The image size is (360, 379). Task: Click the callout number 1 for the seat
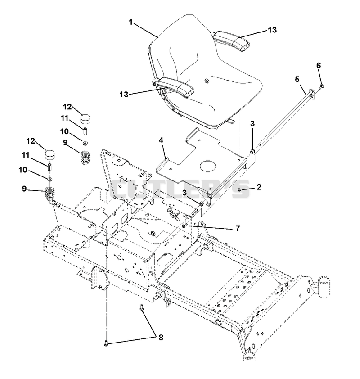pyautogui.click(x=130, y=22)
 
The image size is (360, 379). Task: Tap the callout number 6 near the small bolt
pyautogui.click(x=319, y=65)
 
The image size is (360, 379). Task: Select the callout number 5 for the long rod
pyautogui.click(x=297, y=79)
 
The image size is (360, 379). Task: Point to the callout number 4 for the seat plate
pyautogui.click(x=161, y=140)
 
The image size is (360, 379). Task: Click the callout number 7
pyautogui.click(x=238, y=228)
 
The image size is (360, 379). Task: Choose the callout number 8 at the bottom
pyautogui.click(x=161, y=338)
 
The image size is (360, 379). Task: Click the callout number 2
pyautogui.click(x=259, y=187)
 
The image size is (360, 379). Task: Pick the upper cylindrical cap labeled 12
pyautogui.click(x=86, y=119)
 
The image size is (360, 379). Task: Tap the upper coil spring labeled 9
pyautogui.click(x=85, y=157)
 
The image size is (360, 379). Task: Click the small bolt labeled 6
pyautogui.click(x=322, y=86)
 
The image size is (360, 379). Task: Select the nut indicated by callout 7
pyautogui.click(x=184, y=226)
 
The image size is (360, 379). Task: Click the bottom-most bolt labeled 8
pyautogui.click(x=106, y=343)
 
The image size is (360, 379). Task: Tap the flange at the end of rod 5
pyautogui.click(x=312, y=94)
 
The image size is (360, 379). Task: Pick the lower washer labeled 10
pyautogui.click(x=50, y=179)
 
